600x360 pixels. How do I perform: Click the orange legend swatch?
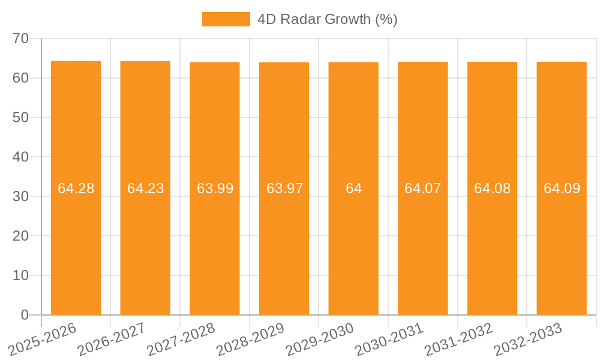[226, 19]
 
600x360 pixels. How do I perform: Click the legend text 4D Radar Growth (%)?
[327, 19]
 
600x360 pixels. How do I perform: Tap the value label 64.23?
[145, 188]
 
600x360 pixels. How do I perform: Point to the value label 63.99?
[215, 188]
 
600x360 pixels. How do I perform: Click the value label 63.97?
[284, 188]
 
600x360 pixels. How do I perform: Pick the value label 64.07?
[422, 188]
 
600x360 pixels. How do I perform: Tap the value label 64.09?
[562, 188]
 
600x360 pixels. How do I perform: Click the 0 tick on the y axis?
[25, 315]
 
